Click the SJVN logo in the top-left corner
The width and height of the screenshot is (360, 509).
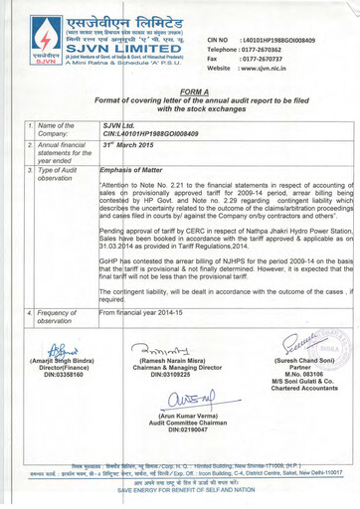pyautogui.click(x=29, y=40)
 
